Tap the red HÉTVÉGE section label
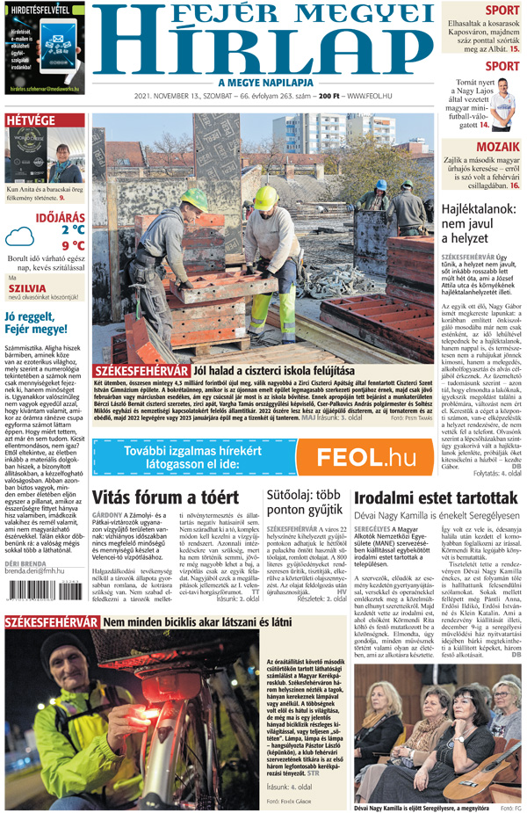(31, 120)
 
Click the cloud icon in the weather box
(20, 236)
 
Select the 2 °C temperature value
(72, 229)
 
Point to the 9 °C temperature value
(72, 245)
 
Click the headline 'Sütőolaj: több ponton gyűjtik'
(303, 503)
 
